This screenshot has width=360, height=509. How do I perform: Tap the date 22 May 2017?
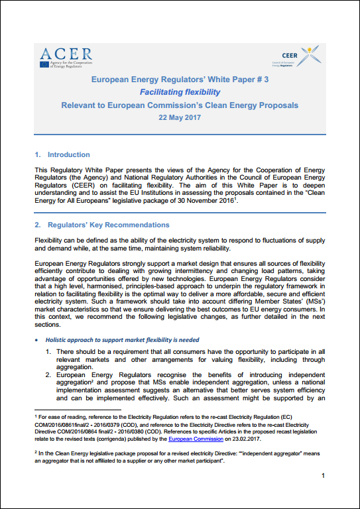179,117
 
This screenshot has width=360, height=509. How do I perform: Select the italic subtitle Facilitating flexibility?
180,92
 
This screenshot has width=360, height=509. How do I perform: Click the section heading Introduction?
68,154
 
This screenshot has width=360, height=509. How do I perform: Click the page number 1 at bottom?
322,476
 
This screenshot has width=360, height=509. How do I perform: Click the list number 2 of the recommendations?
50,374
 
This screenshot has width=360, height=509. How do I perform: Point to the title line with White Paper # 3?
180,79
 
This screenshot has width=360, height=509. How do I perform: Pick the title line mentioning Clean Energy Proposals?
180,105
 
